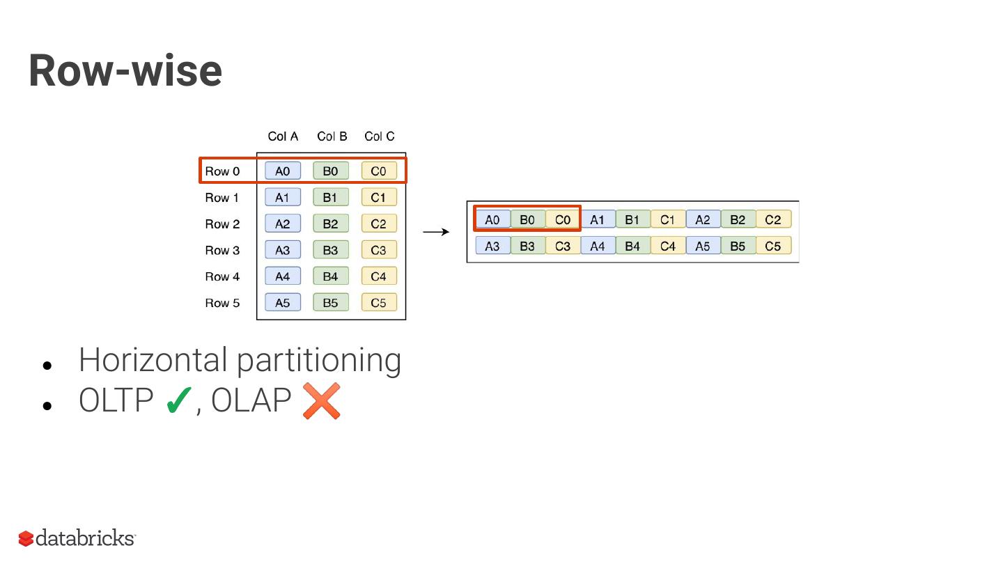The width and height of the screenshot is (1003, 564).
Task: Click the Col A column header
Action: point(283,136)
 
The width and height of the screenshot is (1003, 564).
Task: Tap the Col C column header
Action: point(379,136)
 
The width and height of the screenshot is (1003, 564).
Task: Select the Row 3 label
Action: point(222,251)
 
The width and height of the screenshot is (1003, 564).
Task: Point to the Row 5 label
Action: point(222,303)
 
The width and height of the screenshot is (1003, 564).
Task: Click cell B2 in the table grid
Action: point(331,224)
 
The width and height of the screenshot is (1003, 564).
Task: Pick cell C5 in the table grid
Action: point(379,303)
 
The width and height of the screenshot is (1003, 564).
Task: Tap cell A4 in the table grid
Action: point(283,276)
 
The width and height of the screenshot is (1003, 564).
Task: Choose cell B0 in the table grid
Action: point(331,171)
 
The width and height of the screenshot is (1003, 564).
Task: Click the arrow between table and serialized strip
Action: point(436,232)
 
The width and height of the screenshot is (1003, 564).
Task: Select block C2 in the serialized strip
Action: point(773,220)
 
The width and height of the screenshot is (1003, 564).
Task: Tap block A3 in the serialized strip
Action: point(492,246)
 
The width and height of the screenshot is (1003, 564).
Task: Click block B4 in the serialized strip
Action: point(632,246)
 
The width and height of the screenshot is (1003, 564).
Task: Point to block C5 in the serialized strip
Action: point(773,246)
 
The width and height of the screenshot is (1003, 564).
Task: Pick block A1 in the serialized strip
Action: point(598,220)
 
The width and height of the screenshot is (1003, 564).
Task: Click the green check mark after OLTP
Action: point(179,402)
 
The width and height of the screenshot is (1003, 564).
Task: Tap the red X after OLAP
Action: point(322,402)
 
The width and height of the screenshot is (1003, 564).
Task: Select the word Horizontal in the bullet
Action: point(153,361)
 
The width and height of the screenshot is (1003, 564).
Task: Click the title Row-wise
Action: point(125,71)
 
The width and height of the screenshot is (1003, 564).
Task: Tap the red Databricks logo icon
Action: point(26,538)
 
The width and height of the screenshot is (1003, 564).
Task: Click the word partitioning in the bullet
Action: point(319,361)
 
